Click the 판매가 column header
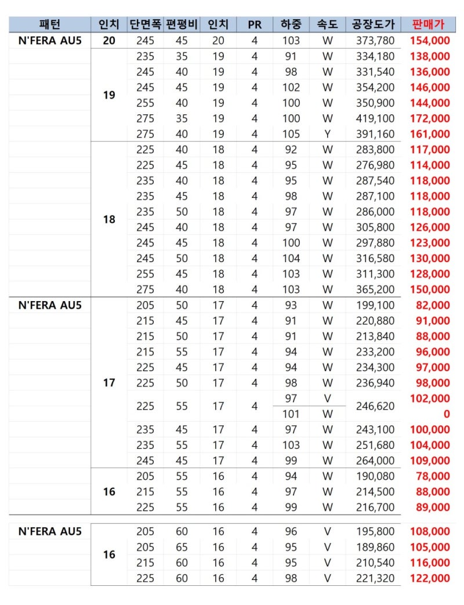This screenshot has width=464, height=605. point(430,24)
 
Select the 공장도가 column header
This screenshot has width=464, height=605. point(373,24)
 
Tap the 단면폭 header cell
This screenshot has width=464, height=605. point(145,24)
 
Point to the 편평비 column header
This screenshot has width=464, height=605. point(182,24)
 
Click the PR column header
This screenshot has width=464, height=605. point(254,24)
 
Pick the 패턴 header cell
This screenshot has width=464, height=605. point(50,24)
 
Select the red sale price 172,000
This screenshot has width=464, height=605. point(430,118)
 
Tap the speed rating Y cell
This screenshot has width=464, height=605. point(328,134)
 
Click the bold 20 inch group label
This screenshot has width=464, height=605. point(109,41)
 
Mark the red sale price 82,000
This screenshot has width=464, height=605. point(433,305)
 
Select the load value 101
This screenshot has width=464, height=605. point(291,414)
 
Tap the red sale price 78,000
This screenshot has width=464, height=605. point(433,476)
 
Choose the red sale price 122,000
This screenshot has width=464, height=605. point(430,578)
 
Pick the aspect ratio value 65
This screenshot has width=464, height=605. point(182,547)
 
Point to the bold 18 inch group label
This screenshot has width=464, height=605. point(109,220)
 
